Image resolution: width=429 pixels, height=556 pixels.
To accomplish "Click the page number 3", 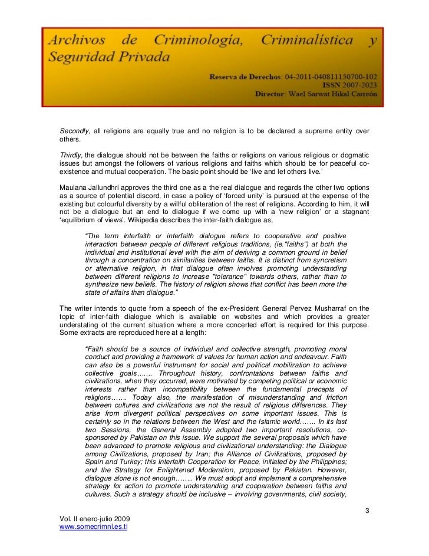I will [x=367, y=509].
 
